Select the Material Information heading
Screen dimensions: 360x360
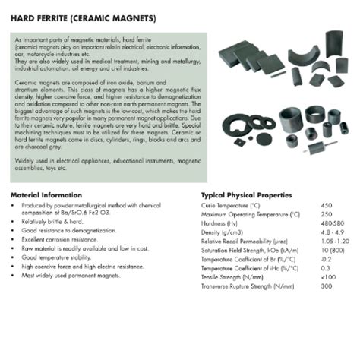(x=48, y=194)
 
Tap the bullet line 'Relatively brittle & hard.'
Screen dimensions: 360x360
(x=52, y=221)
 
